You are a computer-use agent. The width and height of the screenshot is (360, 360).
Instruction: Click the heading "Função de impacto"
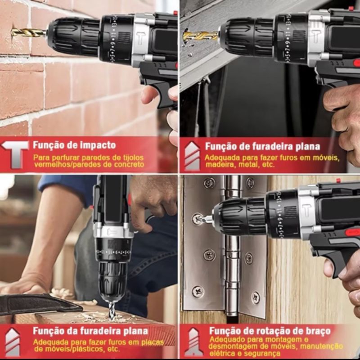(x=74, y=145)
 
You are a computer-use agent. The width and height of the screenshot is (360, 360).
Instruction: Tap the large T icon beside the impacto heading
(x=15, y=154)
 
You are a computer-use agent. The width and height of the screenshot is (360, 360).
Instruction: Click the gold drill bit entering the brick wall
(x=28, y=32)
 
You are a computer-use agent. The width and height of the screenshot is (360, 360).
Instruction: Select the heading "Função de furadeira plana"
(x=262, y=147)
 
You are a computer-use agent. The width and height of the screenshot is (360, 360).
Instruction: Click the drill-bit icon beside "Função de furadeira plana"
(x=192, y=156)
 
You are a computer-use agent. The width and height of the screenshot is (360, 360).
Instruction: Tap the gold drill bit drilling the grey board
(x=200, y=36)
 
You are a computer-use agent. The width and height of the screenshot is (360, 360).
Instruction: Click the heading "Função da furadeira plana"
(x=90, y=331)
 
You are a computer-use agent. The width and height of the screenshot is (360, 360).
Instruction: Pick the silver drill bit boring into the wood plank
(x=112, y=310)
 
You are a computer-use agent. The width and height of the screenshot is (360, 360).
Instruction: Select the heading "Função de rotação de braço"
(x=270, y=331)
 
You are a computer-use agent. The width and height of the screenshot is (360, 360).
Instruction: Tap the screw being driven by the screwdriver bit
(x=198, y=219)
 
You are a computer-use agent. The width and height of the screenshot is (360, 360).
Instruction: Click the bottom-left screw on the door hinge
(x=198, y=291)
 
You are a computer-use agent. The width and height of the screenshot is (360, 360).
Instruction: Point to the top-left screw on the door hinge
(x=210, y=183)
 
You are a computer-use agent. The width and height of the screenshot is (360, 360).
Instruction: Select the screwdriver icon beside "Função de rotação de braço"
(x=193, y=342)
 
